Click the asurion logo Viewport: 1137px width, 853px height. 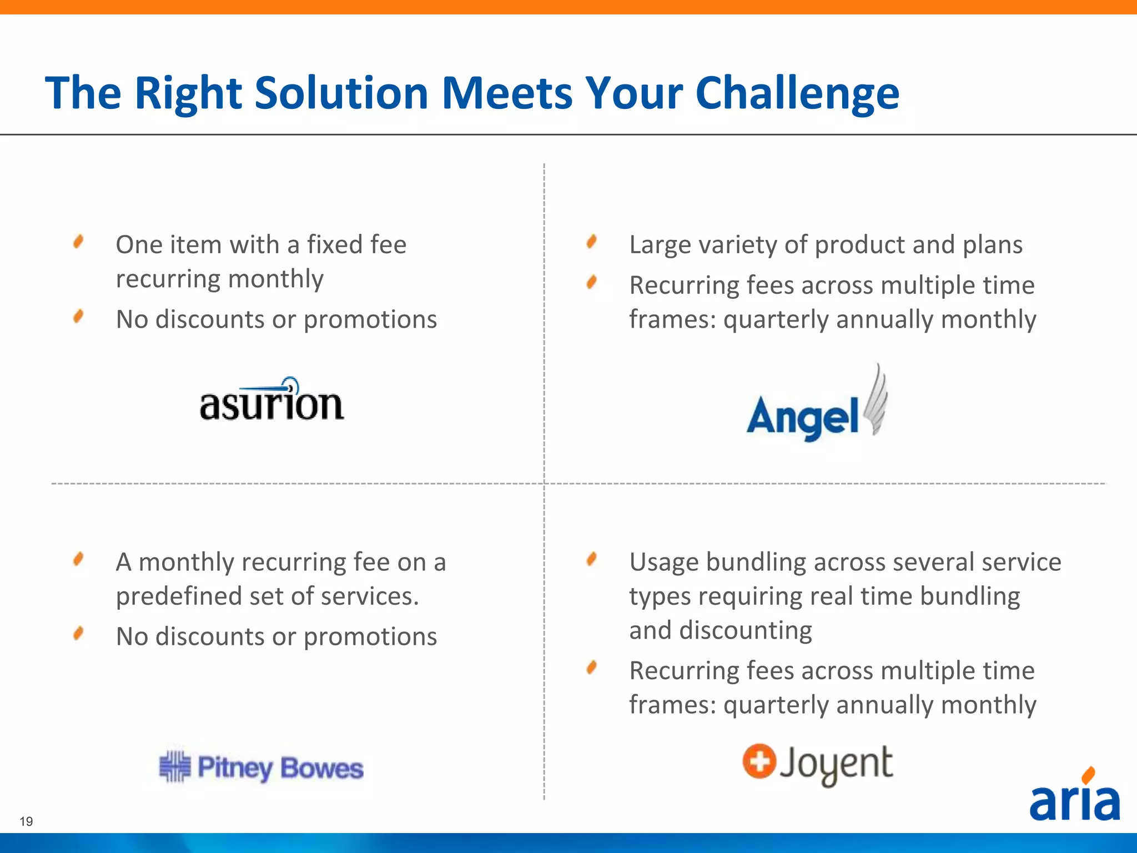point(272,400)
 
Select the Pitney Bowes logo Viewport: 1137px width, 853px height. point(261,767)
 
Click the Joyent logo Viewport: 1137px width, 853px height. point(818,764)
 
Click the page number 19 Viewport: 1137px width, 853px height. point(26,821)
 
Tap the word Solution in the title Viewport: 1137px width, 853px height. point(341,92)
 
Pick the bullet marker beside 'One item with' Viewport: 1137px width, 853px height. point(78,242)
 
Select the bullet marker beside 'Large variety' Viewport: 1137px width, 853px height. point(592,242)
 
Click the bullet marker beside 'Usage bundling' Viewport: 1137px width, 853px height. point(592,559)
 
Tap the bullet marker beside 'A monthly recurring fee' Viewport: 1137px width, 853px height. point(78,559)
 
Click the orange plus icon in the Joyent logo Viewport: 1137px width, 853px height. point(759,761)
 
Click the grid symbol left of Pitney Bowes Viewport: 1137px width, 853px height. point(175,766)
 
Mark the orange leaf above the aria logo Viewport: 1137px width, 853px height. point(1089,774)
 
